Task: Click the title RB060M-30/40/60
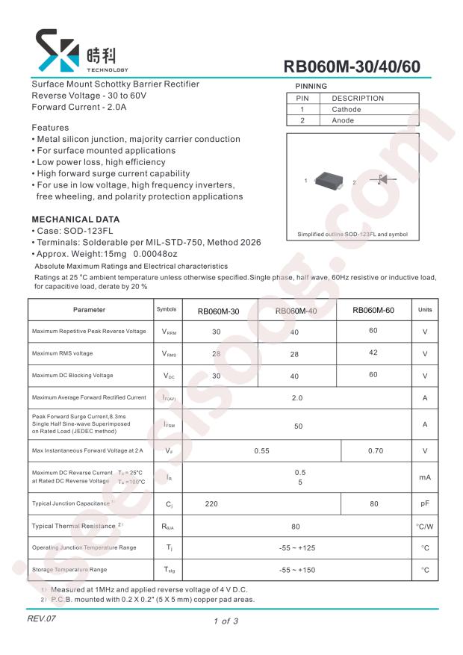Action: pos(352,66)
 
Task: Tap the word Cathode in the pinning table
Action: pos(347,109)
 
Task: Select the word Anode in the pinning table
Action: pos(343,120)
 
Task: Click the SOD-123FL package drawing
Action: pos(329,180)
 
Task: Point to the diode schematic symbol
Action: pos(382,179)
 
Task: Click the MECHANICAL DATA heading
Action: pos(75,220)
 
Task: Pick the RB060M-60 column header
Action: pos(373,310)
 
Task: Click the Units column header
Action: pos(424,310)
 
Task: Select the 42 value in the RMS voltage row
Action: pos(373,353)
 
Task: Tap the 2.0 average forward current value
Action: pos(297,397)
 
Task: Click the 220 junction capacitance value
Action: pos(211,504)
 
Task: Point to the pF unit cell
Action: pos(424,504)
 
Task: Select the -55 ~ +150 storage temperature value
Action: pos(297,571)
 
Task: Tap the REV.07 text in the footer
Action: pos(42,619)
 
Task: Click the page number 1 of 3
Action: pos(226,621)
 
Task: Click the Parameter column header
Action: pos(89,310)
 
